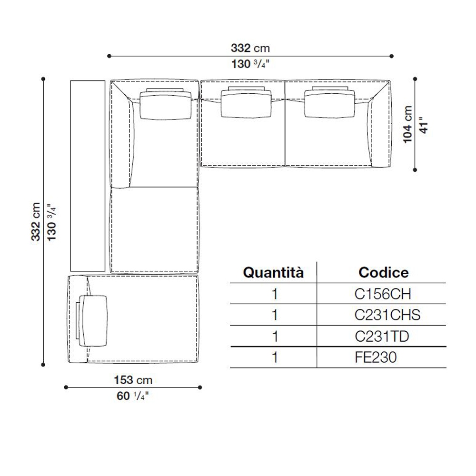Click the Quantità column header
coord(273,273)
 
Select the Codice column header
coord(383,272)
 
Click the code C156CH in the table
coord(383,294)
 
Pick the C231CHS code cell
coord(387,315)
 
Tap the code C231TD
coord(382,337)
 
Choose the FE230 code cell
coord(376,357)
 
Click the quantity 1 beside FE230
coord(275,357)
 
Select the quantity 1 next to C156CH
coord(275,294)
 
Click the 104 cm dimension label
coord(408,124)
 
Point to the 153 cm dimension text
coord(133,380)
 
